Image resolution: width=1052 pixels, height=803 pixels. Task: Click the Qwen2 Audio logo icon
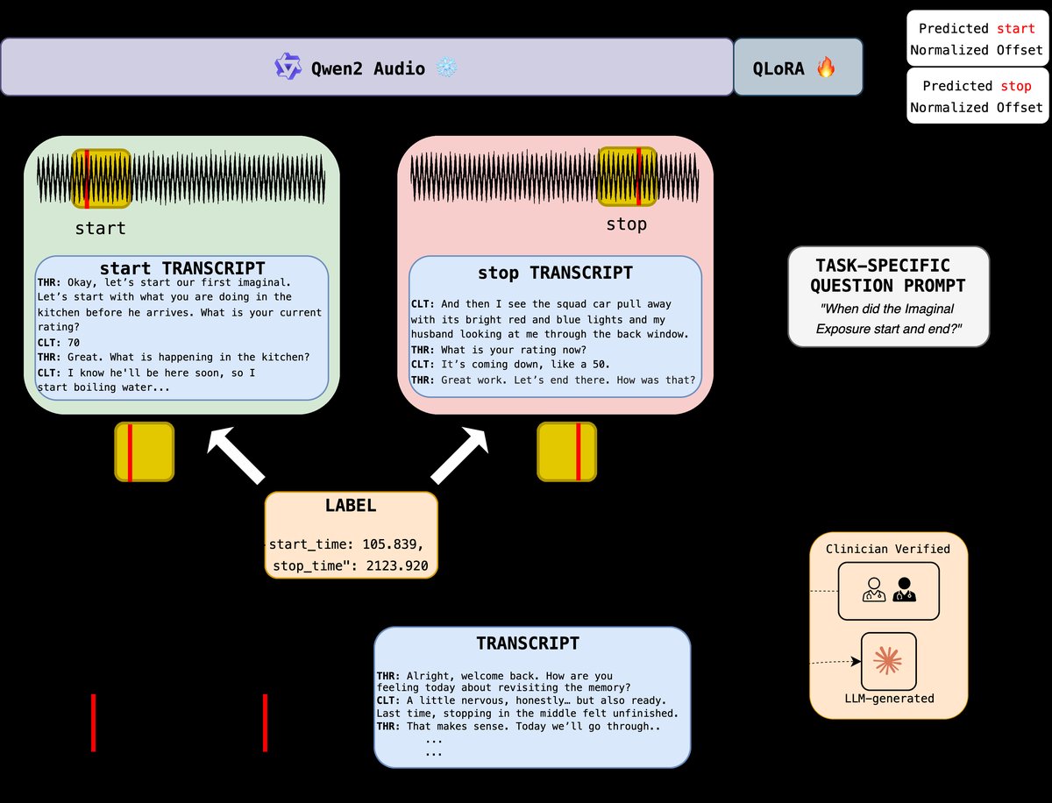point(288,67)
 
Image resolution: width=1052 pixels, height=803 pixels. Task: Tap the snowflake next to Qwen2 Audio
point(448,68)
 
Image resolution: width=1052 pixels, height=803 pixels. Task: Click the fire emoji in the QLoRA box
point(826,68)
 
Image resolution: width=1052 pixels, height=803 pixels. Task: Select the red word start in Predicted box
point(1016,29)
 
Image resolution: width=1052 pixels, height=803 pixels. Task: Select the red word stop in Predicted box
point(1016,86)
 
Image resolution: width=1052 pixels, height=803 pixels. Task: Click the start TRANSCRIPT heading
point(182,267)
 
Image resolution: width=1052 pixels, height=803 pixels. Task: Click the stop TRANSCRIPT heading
point(555,273)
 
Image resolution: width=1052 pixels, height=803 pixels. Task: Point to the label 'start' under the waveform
point(100,228)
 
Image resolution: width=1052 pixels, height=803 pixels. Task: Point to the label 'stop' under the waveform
point(626,224)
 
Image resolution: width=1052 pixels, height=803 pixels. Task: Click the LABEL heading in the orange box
point(350,506)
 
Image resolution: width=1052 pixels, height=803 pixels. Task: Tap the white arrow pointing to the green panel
point(235,454)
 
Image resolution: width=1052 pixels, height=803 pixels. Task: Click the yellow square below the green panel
point(145,451)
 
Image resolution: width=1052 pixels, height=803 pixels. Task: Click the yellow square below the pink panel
point(566,451)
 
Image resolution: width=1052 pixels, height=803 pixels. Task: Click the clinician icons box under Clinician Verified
point(888,591)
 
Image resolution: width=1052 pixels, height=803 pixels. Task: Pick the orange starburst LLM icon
point(889,661)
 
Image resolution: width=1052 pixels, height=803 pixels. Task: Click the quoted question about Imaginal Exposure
point(888,319)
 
